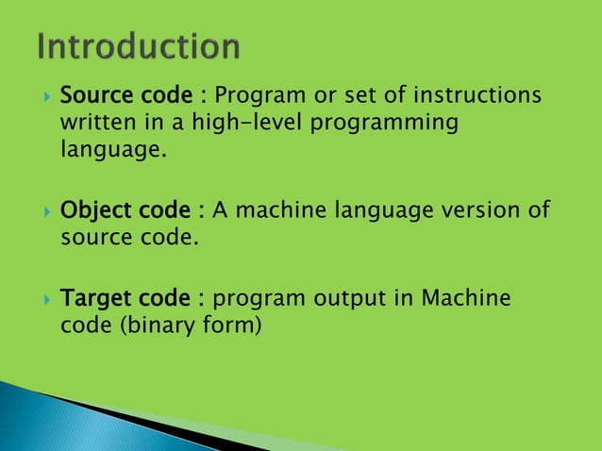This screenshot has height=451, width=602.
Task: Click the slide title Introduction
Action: (139, 46)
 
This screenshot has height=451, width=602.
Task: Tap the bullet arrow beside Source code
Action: (43, 97)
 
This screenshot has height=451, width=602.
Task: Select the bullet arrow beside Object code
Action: (43, 209)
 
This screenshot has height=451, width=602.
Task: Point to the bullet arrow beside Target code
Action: (43, 300)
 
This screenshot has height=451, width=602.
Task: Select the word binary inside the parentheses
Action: (167, 326)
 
